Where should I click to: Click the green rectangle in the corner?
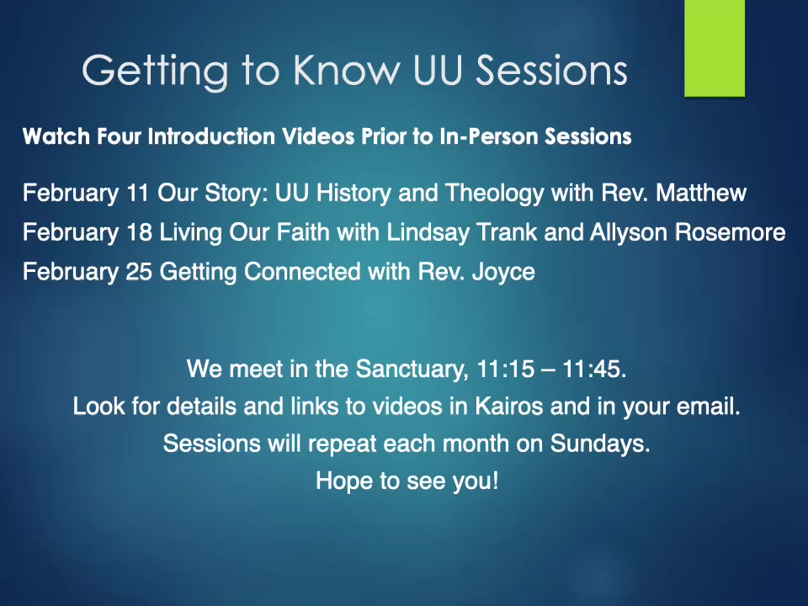715,48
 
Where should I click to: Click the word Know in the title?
347,70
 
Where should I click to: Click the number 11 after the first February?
137,194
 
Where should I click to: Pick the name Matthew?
701,194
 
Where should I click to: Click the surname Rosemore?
731,233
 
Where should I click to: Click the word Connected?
302,272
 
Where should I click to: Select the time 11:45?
594,369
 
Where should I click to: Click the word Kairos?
508,407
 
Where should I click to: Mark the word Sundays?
600,444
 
